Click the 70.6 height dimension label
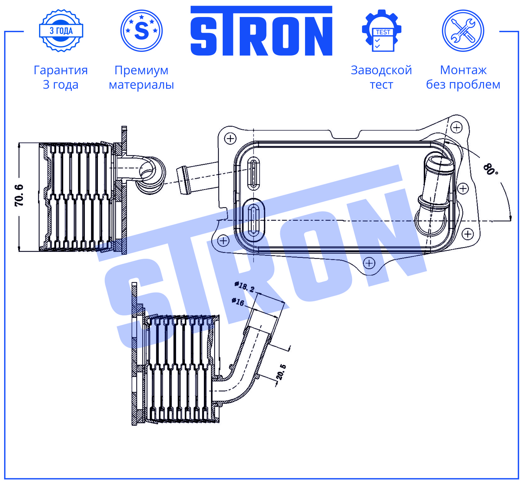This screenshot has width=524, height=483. (x=19, y=195)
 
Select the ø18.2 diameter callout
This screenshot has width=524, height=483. (x=244, y=286)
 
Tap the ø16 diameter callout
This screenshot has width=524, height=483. (x=238, y=302)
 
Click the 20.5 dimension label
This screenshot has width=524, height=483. (x=281, y=372)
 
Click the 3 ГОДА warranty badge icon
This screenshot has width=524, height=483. (x=61, y=31)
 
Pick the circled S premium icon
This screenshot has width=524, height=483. (x=142, y=31)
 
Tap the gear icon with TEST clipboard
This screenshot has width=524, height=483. (x=382, y=31)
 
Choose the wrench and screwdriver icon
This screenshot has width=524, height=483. (x=463, y=31)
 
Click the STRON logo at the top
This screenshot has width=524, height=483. (x=261, y=31)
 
